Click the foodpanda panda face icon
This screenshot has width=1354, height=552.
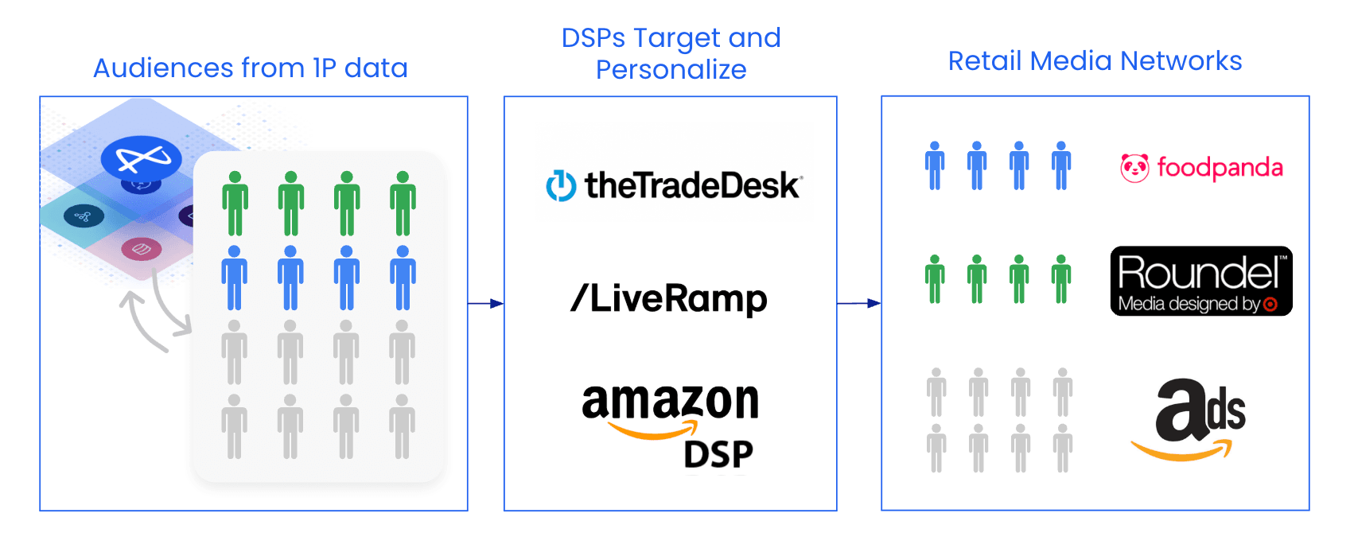pyautogui.click(x=1134, y=168)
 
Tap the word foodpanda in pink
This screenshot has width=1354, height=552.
pyautogui.click(x=1220, y=168)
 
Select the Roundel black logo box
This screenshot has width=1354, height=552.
pyautogui.click(x=1200, y=281)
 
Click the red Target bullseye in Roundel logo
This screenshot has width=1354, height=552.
pyautogui.click(x=1270, y=305)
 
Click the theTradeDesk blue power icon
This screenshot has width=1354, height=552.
pyautogui.click(x=561, y=186)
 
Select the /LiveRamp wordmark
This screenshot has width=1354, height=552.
pyautogui.click(x=669, y=298)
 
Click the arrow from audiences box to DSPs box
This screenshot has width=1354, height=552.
pyautogui.click(x=485, y=303)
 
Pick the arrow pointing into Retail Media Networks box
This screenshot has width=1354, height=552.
pyautogui.click(x=859, y=303)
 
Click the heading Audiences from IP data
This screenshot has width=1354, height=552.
pyautogui.click(x=251, y=68)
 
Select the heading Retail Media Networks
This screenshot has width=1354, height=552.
pyautogui.click(x=1095, y=61)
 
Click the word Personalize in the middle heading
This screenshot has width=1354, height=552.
pyautogui.click(x=671, y=70)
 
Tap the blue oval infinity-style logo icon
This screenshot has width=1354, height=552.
pyautogui.click(x=142, y=158)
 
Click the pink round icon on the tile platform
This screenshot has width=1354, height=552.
pyautogui.click(x=142, y=250)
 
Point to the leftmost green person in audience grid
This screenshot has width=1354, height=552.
pyautogui.click(x=235, y=204)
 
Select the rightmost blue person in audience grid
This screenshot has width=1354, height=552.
pyautogui.click(x=403, y=278)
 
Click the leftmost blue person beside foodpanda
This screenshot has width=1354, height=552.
pyautogui.click(x=935, y=166)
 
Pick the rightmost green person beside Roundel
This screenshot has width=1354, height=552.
pyautogui.click(x=1060, y=279)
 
